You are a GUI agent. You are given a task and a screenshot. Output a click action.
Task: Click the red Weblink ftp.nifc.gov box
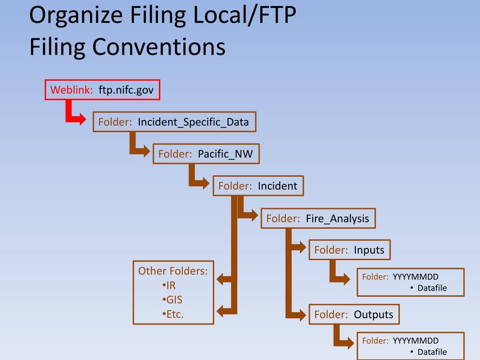pos(102,90)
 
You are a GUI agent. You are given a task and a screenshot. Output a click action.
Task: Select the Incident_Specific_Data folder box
pos(174,122)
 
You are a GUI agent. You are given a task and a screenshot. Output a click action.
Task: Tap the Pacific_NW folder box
pos(206,154)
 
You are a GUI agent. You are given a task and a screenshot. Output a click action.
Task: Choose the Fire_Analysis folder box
pos(318,218)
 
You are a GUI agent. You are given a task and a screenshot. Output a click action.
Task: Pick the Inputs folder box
pos(349,250)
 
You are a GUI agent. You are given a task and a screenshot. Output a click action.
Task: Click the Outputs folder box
pos(353,314)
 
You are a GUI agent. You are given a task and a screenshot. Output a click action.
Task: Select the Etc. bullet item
pos(173,314)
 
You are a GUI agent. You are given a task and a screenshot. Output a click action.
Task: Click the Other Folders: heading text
pos(173,271)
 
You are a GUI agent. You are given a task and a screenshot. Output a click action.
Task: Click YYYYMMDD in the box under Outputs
pos(415,341)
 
